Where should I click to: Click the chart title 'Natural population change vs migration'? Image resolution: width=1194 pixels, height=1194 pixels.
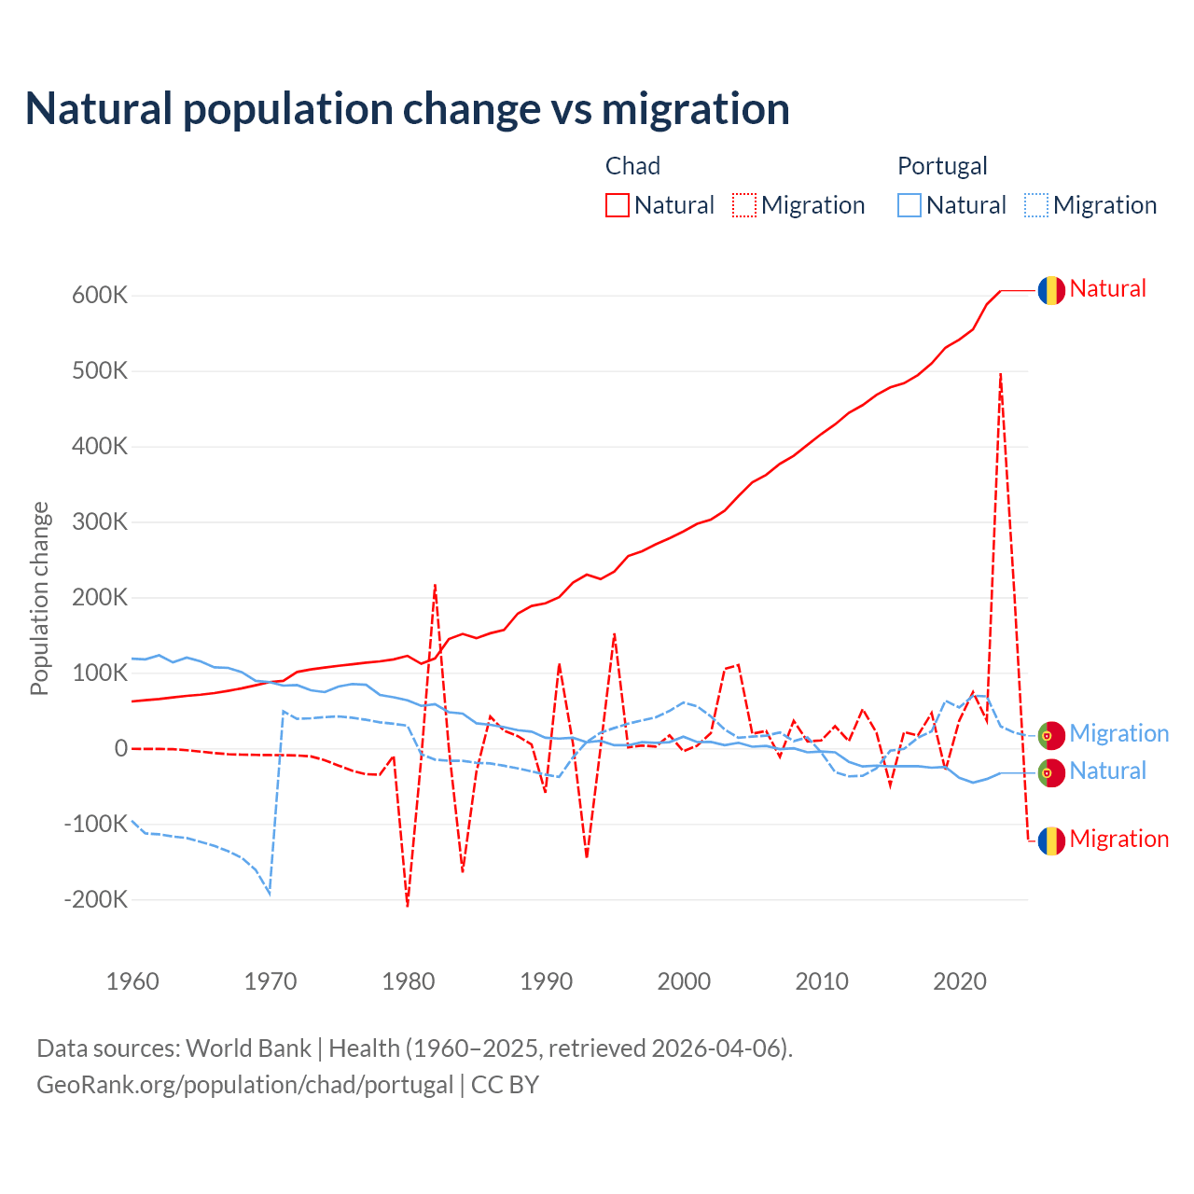click(x=408, y=108)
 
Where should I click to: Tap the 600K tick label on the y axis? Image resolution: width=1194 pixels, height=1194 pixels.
click(x=100, y=296)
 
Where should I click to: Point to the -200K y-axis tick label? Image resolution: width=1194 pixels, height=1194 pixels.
click(x=96, y=900)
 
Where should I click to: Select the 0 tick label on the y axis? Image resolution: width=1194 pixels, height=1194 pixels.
click(x=121, y=749)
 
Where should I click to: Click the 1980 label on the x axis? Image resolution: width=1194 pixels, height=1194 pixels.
click(x=408, y=981)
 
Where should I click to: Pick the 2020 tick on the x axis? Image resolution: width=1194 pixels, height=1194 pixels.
click(x=960, y=981)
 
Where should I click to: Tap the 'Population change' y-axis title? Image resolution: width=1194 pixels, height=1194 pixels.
click(x=39, y=598)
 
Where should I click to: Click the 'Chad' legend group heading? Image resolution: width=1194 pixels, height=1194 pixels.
click(x=632, y=166)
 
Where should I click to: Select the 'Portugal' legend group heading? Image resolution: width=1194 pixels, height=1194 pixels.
click(x=942, y=166)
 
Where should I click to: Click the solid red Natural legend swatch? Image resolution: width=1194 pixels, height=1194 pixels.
click(x=618, y=205)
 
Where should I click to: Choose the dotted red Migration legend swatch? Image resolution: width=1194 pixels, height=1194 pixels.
click(x=744, y=205)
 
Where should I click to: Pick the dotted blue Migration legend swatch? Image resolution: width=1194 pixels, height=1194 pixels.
click(x=1036, y=205)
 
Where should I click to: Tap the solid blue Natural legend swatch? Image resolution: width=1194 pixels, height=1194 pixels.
click(x=909, y=205)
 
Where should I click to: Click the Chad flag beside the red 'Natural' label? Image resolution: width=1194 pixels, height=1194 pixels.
click(x=1051, y=290)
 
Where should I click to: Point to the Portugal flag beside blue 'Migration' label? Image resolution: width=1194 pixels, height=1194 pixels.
click(x=1051, y=735)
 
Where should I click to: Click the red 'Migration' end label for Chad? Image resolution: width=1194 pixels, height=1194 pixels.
click(x=1118, y=839)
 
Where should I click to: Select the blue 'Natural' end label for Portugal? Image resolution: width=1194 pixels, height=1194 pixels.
click(x=1107, y=771)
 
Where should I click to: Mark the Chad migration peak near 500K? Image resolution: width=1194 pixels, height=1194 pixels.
click(x=1001, y=374)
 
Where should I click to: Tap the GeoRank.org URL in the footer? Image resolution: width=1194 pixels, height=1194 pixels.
click(x=244, y=1085)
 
